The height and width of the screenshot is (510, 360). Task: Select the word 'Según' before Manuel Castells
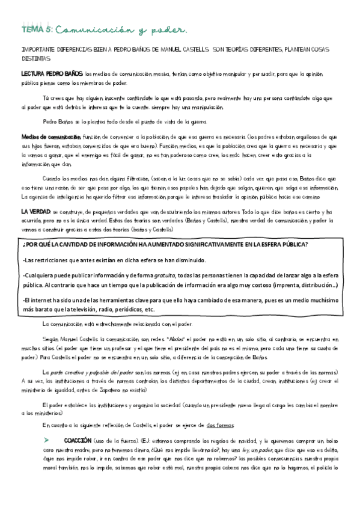(52, 340)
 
